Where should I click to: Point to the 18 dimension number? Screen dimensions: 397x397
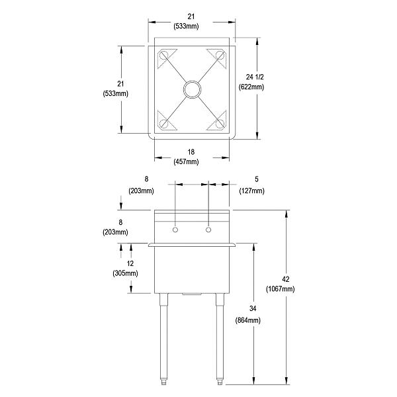(x=191, y=152)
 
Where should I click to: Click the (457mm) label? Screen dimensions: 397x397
(x=191, y=161)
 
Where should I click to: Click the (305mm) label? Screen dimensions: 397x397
(x=126, y=273)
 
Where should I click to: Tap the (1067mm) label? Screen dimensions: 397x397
(x=280, y=289)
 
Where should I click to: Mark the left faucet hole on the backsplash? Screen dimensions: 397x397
(x=175, y=230)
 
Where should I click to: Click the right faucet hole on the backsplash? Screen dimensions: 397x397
(x=209, y=230)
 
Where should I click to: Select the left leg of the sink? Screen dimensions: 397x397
(x=163, y=337)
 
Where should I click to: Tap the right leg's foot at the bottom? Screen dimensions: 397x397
(x=220, y=382)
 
